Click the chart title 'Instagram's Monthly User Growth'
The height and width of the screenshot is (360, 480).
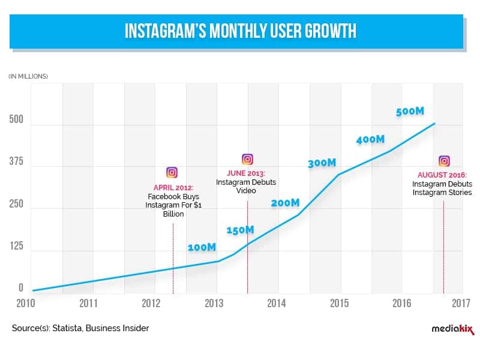pos(240,31)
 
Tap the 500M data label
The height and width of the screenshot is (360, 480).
pos(410,112)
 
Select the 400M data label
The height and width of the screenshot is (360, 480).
pos(370,139)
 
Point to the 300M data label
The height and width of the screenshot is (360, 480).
pos(322,163)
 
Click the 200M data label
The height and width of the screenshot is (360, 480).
pos(285,203)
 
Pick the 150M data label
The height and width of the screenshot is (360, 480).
pos(240,230)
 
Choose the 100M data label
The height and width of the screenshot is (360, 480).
pos(202,247)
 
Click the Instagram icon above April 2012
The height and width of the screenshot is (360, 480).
pos(172,173)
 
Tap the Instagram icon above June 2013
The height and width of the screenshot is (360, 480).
pos(247,159)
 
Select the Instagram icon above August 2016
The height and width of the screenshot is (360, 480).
pos(444,161)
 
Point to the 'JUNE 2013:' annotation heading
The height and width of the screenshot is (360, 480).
pos(247,173)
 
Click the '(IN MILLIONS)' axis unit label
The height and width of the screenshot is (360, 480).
pos(28,76)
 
